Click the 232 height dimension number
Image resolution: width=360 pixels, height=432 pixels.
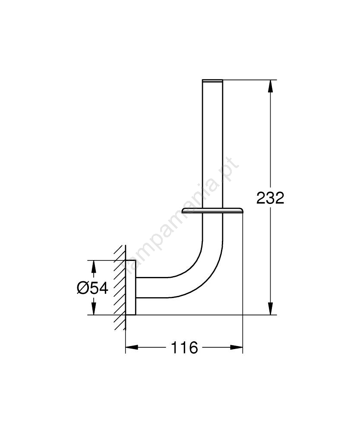[x=270, y=198]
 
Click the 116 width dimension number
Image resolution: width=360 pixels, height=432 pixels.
[x=184, y=347]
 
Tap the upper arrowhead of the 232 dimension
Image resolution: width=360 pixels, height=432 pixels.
[x=271, y=86]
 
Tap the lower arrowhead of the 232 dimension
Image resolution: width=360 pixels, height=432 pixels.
[x=271, y=308]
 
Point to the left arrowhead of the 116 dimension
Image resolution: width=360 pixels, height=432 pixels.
[x=132, y=347]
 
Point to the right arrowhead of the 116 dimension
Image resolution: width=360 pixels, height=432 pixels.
[x=237, y=347]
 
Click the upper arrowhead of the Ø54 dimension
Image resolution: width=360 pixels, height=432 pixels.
[x=94, y=266]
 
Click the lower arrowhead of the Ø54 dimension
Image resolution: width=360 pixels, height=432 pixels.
[x=94, y=308]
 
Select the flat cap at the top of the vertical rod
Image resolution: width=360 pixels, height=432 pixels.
[x=212, y=81]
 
